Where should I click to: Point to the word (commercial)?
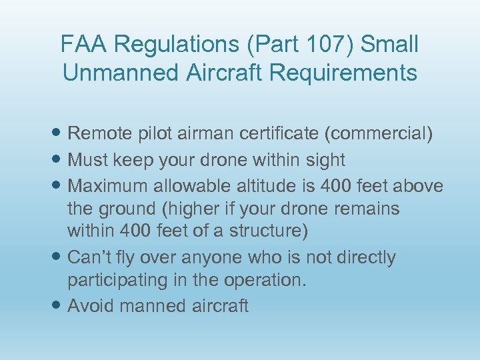(x=378, y=134)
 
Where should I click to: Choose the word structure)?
(x=269, y=232)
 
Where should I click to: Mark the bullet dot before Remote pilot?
(x=58, y=135)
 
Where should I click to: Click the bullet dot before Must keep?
(x=58, y=161)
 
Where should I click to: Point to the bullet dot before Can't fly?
(x=58, y=258)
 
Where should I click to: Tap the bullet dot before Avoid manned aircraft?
(x=58, y=307)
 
